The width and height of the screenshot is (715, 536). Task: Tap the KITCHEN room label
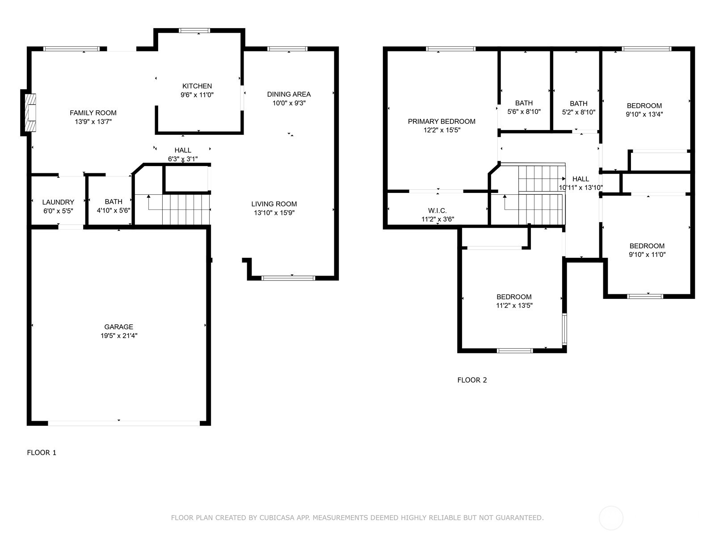point(197,86)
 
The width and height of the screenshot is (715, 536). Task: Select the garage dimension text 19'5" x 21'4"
point(119,336)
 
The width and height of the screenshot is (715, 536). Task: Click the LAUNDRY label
point(58,202)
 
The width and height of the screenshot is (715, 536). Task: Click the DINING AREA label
point(289,94)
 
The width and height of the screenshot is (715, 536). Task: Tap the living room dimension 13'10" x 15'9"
point(274,213)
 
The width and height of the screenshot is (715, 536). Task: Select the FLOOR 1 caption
point(42,452)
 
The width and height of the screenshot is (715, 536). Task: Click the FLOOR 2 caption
point(472,380)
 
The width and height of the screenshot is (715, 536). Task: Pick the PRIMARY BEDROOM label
point(442,121)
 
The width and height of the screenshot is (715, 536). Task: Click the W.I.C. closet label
point(437,211)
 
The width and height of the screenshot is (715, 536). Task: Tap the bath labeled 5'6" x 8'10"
point(524,108)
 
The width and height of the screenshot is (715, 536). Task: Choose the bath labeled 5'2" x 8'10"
point(578,108)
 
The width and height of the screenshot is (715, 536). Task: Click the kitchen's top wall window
point(194,31)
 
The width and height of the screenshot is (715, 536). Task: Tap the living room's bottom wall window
point(288,278)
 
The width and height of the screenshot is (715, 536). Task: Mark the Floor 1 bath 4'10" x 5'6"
point(114,206)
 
